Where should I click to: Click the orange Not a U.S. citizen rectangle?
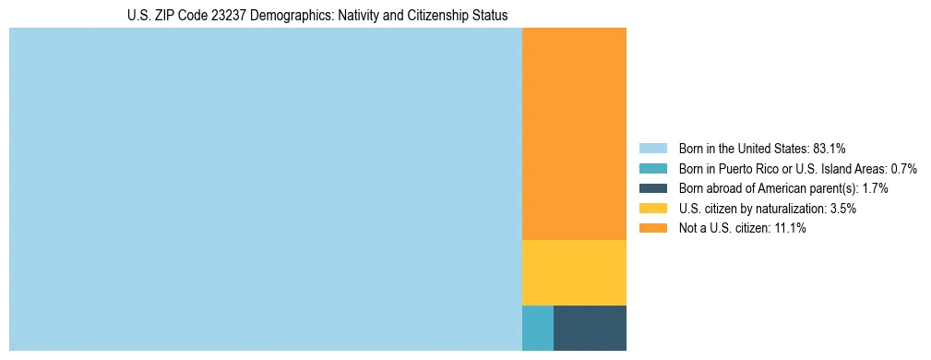point(574,134)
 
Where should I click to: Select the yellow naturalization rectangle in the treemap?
point(574,272)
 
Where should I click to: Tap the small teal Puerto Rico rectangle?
point(538,328)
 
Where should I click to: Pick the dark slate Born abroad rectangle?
point(590,328)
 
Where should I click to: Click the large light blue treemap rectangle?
point(266,189)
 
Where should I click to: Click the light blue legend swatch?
point(652,148)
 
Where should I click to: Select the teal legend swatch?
point(652,168)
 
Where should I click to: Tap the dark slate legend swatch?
point(652,188)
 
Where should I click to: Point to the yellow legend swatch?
point(652,209)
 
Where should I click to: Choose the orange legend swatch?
point(652,229)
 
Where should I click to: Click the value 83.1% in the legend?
point(829,148)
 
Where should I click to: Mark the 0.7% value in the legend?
point(903,168)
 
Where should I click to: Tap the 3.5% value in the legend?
point(842,209)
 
